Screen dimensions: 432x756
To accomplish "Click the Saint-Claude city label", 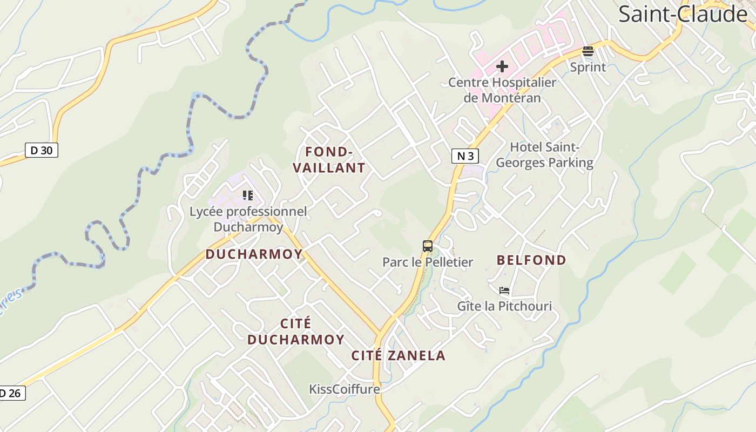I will coord(683,14).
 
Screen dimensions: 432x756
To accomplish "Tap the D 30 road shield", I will coord(42,150).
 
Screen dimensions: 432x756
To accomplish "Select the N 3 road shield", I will coord(465,156).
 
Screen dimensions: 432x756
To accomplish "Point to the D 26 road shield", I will coord(11,393).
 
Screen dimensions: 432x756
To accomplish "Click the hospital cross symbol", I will coord(502,66).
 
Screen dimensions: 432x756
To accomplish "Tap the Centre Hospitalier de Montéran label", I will coord(502,90).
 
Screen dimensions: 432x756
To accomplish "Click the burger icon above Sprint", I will coord(588,52).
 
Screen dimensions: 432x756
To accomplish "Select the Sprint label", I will coord(588,67).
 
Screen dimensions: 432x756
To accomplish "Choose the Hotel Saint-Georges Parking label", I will coord(544,154).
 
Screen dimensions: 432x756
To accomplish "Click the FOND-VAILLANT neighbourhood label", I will coord(329,160).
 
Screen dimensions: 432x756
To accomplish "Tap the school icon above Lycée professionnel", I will coord(248,195).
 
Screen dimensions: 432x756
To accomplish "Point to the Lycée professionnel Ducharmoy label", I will coord(248,219).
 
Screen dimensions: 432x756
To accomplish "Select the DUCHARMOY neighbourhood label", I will coord(254,254).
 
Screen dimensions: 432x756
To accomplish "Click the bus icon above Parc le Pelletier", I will coord(428,246).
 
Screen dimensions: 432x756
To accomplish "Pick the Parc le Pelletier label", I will coord(428,262).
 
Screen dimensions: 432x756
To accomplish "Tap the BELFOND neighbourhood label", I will coord(531,260).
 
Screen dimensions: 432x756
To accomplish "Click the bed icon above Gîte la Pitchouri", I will coord(504,291).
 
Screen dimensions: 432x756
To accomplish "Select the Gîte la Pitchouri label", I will coord(504,307).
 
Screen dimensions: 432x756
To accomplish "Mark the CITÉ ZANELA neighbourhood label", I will coord(399,355).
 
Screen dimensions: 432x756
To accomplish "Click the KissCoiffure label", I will coord(345,389).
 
